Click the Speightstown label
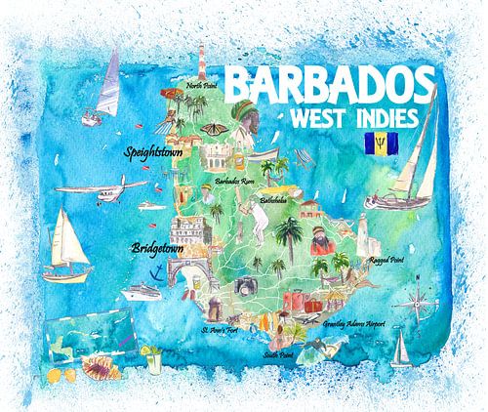(156, 152)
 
